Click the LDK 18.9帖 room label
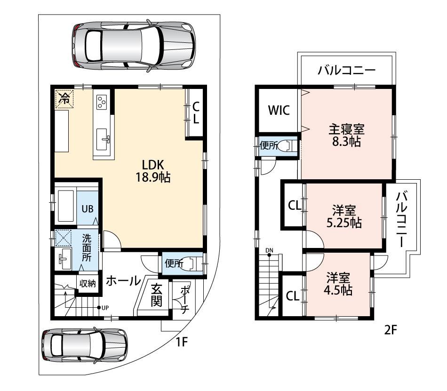[153, 171]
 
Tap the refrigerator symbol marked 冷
[64, 99]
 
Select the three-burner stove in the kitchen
[102, 102]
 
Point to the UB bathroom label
[88, 209]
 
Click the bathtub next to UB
[65, 206]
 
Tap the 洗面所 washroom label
[87, 247]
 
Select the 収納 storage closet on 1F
[88, 284]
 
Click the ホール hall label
[123, 281]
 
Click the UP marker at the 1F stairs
[103, 308]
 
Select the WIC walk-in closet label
[279, 110]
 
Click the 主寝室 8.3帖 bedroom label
[346, 136]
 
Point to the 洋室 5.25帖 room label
[344, 216]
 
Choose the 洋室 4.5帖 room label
[338, 284]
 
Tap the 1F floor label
[181, 342]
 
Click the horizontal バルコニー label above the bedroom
[347, 70]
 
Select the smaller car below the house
[84, 344]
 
